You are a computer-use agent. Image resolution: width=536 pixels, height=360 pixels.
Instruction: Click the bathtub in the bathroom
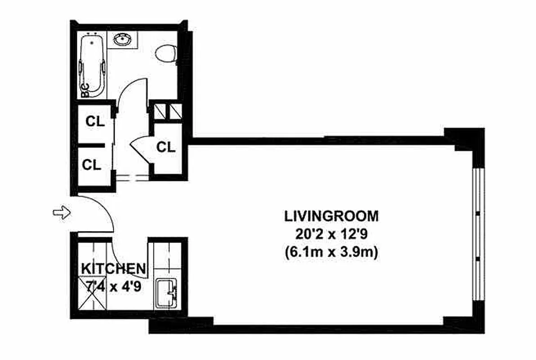93,65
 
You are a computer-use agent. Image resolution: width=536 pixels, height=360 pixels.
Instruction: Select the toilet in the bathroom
165,54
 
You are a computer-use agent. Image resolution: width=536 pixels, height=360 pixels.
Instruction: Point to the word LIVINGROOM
331,216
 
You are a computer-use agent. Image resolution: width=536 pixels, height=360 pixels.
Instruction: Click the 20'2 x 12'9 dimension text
331,234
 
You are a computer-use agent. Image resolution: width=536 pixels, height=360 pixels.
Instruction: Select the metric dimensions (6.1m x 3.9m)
331,253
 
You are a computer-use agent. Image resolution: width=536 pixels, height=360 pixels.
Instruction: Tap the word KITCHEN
113,269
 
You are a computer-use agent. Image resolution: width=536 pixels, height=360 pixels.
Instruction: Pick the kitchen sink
166,293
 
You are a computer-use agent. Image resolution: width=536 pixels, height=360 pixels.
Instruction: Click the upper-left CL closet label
95,121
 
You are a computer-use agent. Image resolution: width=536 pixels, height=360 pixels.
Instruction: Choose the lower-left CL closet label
92,164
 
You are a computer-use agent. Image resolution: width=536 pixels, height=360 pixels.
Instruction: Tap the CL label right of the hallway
166,147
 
